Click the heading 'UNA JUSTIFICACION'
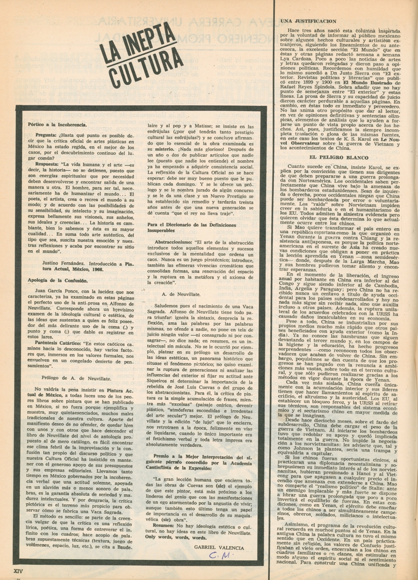308,21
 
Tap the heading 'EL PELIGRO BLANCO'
338,157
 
